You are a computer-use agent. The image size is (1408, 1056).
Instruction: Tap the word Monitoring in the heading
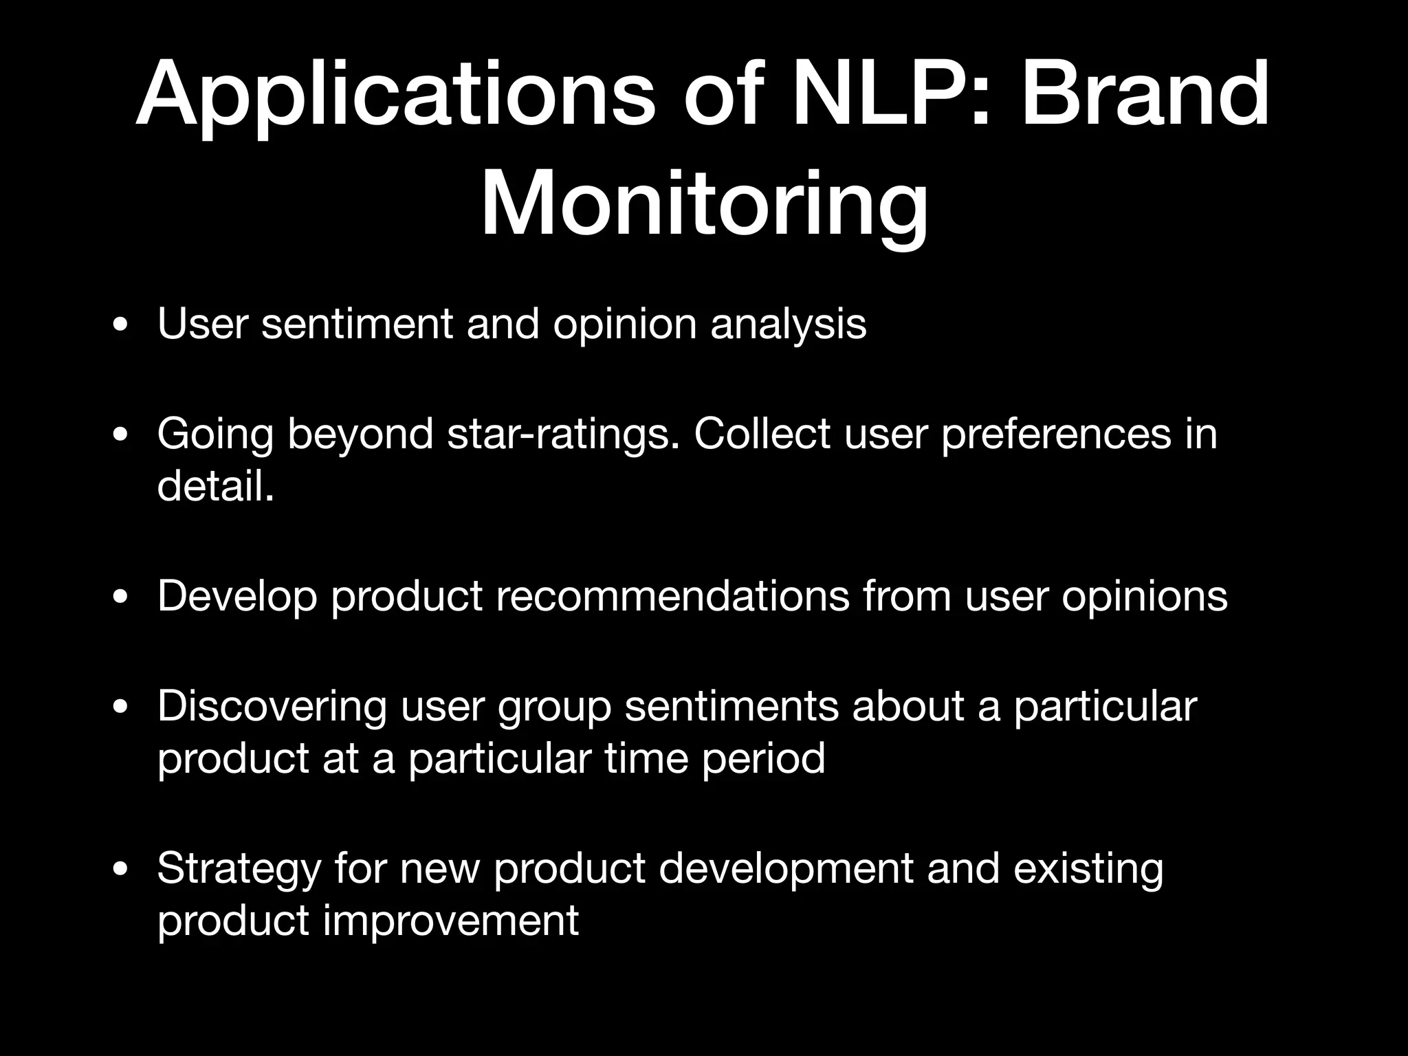(704, 205)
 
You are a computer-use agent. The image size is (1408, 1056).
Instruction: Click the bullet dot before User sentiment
(120, 325)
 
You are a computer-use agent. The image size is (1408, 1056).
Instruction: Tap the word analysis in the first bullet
(788, 324)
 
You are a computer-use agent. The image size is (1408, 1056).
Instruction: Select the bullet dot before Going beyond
(120, 435)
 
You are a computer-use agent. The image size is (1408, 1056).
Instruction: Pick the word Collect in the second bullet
(762, 434)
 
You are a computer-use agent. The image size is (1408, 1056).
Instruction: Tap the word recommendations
(672, 595)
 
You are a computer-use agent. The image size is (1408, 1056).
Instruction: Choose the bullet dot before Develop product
(120, 597)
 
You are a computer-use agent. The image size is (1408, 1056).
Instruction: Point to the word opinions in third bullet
(1144, 597)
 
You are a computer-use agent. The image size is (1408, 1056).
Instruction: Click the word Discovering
(272, 707)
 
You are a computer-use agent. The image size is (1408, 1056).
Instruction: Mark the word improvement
(450, 921)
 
